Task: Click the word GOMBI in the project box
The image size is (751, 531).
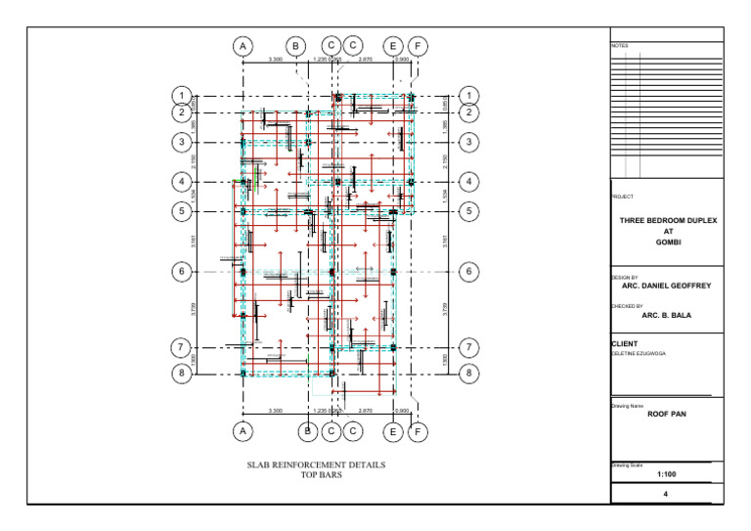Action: point(668,243)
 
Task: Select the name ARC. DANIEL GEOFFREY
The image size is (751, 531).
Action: point(668,288)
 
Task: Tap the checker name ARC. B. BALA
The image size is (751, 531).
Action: point(668,316)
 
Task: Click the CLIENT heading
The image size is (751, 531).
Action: point(625,344)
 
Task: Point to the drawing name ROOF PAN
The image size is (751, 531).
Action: point(668,414)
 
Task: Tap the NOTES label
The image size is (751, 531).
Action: point(621,46)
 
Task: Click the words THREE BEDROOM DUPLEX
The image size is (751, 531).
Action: point(668,221)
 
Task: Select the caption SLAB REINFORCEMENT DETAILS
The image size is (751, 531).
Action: point(316,465)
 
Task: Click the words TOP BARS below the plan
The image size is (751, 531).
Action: point(317,475)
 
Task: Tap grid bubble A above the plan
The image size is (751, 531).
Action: point(243,46)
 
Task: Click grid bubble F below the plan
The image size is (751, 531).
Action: point(418,430)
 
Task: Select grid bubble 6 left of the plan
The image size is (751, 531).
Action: point(181,272)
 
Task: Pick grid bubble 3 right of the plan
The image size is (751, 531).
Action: point(470,143)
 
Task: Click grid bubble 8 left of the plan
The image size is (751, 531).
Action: point(181,373)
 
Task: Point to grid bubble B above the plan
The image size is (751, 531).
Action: point(295,46)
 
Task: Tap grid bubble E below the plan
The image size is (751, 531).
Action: point(392,430)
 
